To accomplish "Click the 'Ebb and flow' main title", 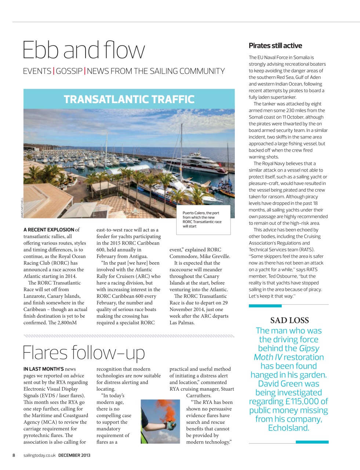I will coord(84,50).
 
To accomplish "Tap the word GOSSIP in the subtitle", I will coord(69,71).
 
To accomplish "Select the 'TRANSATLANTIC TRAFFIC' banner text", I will coord(129,100).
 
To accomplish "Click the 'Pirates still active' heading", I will coord(275,46).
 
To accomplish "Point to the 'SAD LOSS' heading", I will coord(289,320).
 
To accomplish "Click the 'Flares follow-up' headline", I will coord(84,352).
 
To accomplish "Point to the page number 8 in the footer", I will coord(14,455).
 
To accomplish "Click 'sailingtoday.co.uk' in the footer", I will coord(39,455).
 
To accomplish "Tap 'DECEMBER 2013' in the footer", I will coord(74,455).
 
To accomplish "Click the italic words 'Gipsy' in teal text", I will coord(309,348).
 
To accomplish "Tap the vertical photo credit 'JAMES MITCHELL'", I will coord(22,208).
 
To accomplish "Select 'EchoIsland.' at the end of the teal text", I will coord(288,428).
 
